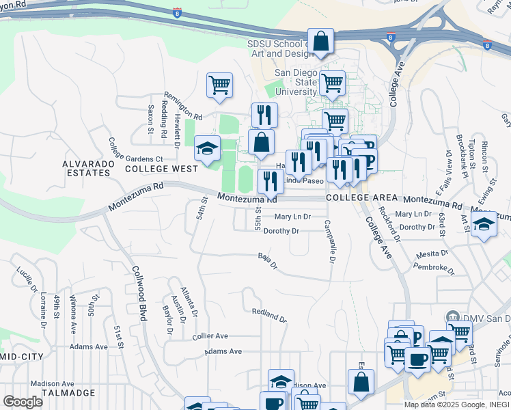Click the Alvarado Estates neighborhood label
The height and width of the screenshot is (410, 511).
pyautogui.click(x=86, y=168)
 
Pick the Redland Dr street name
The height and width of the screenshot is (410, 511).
pyautogui.click(x=269, y=315)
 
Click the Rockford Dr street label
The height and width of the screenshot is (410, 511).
pyautogui.click(x=391, y=225)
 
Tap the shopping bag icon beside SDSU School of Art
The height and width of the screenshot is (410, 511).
pyautogui.click(x=320, y=41)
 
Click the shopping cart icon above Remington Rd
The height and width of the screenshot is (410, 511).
pyautogui.click(x=219, y=85)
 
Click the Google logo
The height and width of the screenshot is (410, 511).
pyautogui.click(x=23, y=402)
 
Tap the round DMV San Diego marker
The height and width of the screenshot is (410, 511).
pyautogui.click(x=452, y=318)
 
